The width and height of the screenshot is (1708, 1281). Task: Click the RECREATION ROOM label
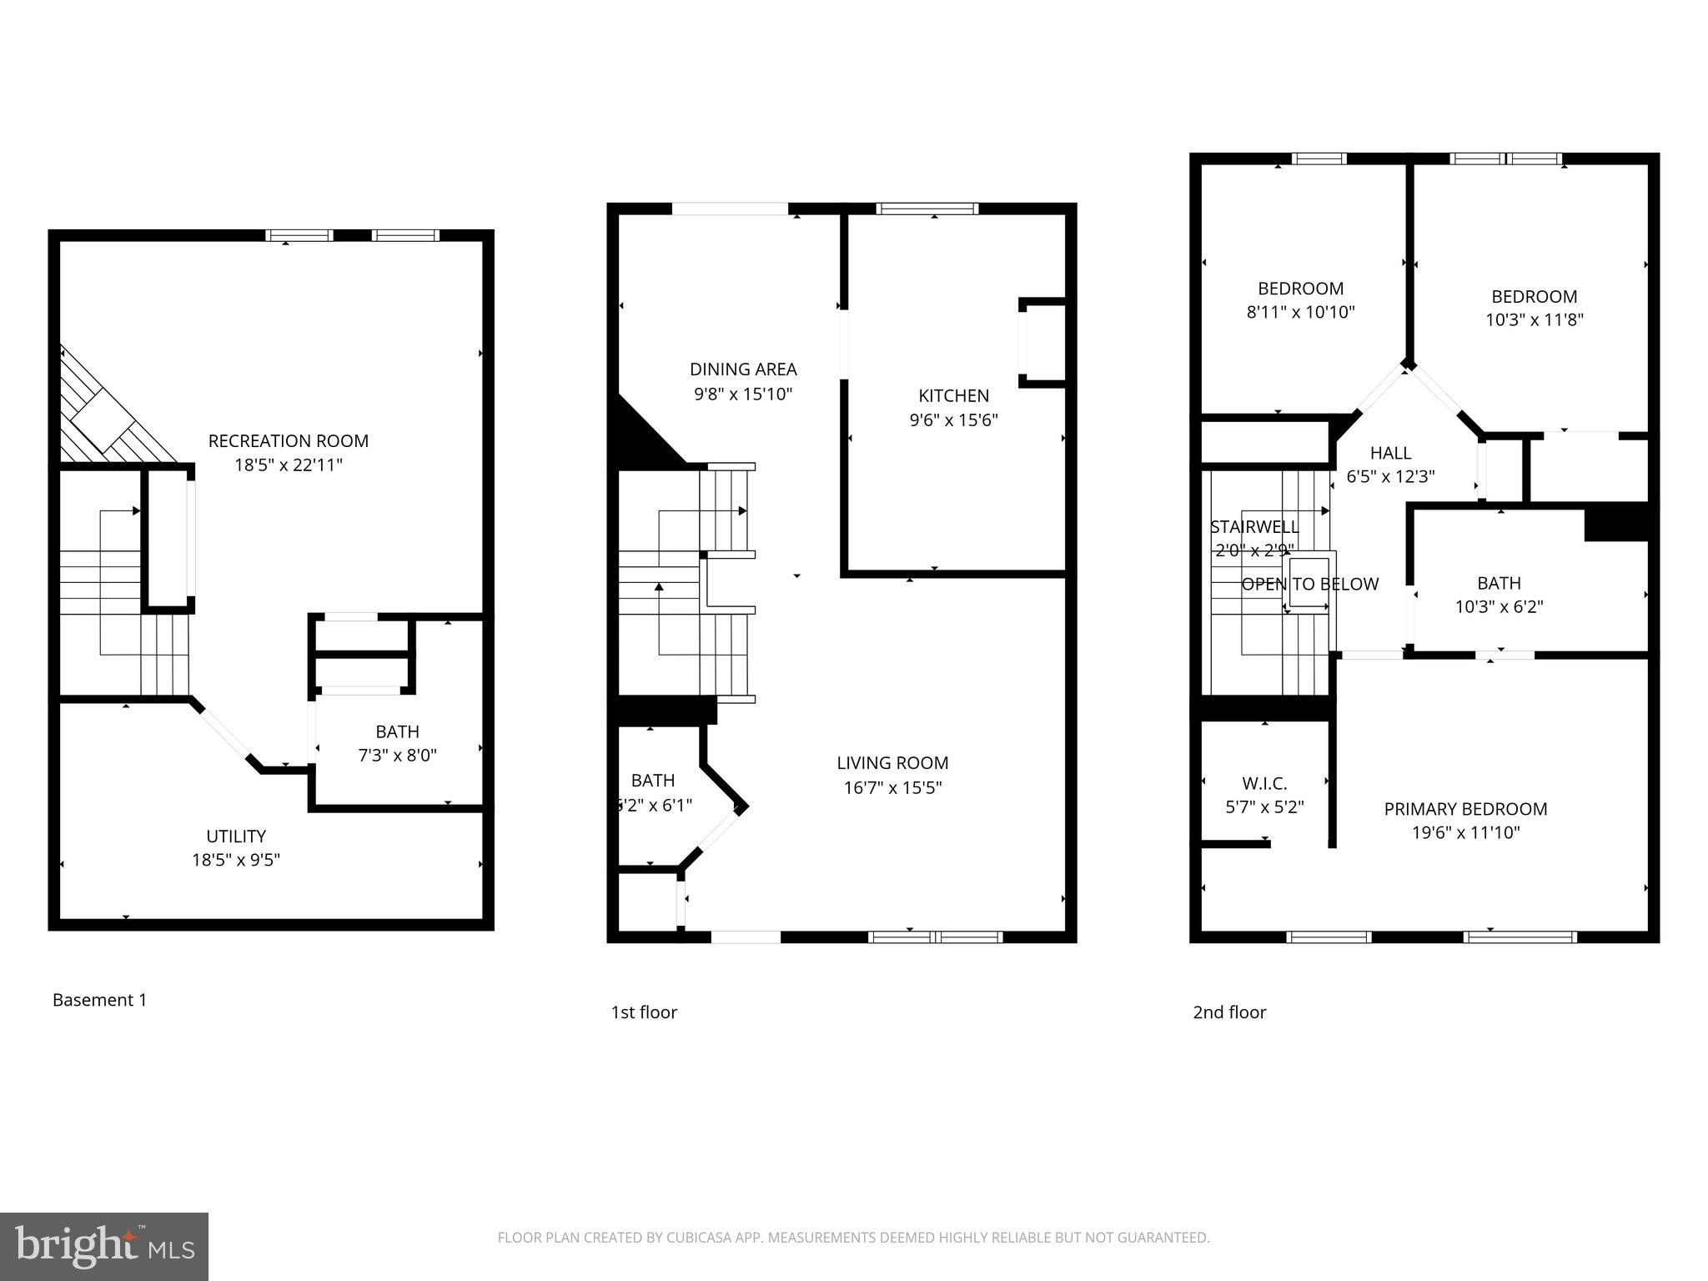tap(288, 441)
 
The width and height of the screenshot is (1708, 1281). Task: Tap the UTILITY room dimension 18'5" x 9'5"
tap(236, 860)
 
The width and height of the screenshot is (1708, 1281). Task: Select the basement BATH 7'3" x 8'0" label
tap(397, 732)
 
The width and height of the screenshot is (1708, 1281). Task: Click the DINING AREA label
tap(743, 369)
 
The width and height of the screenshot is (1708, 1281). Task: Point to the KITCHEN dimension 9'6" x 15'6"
tap(953, 420)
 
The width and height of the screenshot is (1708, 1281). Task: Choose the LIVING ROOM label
tap(892, 763)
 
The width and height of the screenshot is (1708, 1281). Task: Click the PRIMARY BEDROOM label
tap(1465, 809)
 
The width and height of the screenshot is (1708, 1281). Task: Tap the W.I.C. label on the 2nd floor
tap(1264, 784)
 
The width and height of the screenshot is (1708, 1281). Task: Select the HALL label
tap(1390, 453)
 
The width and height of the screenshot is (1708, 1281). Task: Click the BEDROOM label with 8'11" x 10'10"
tap(1300, 289)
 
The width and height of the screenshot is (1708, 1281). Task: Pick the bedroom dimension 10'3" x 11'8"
tap(1534, 320)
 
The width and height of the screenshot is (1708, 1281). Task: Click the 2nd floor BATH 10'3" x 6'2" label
tap(1499, 583)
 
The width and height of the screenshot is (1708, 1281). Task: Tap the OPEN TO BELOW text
tap(1309, 585)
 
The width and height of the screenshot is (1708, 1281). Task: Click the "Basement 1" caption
tap(99, 1000)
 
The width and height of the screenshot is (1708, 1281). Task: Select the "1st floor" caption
tap(644, 1012)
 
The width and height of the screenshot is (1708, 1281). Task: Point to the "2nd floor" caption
tap(1229, 1012)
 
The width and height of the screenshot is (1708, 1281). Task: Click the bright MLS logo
tap(104, 1246)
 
